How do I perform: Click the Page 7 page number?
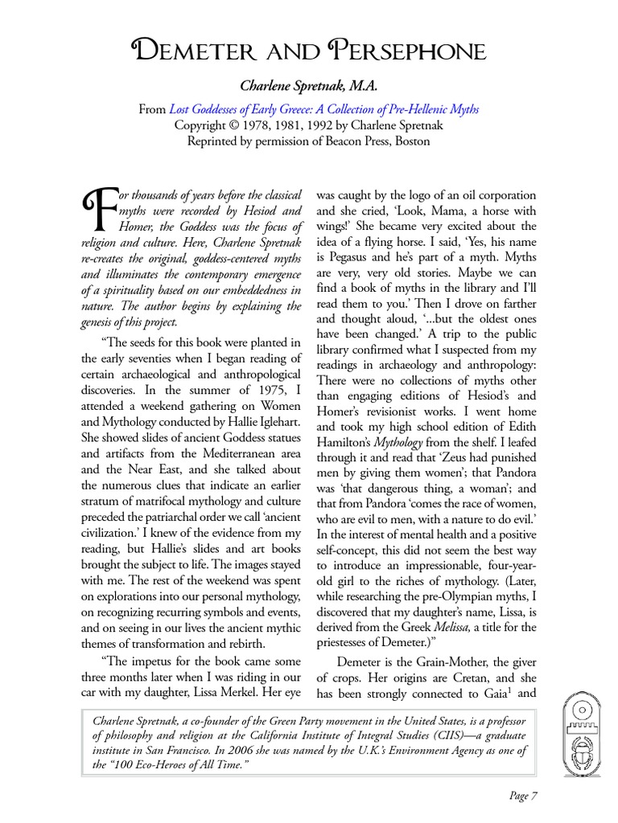point(523,796)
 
